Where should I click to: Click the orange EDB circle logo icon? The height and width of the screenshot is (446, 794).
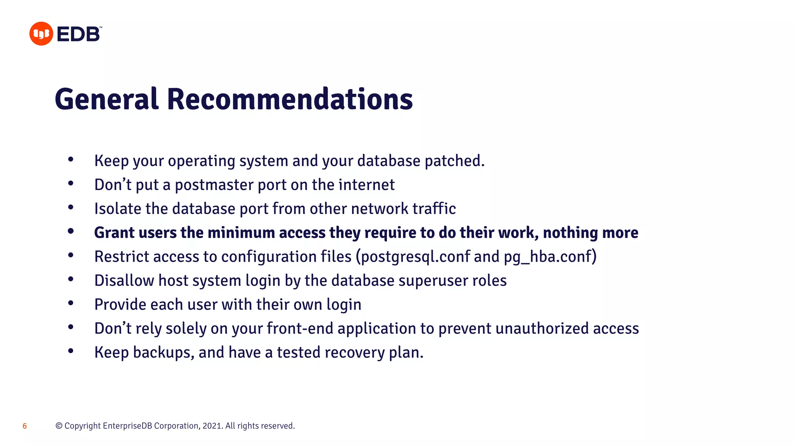[x=41, y=34]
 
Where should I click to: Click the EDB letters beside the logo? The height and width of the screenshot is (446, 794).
[x=79, y=34]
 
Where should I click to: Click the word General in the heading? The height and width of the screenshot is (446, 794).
[x=107, y=99]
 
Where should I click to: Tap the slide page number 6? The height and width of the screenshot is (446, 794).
[x=25, y=426]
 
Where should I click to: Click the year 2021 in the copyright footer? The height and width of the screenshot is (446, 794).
[x=212, y=426]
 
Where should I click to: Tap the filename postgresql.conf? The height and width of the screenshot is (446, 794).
[x=415, y=257]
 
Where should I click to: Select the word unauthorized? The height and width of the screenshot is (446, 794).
[x=542, y=328]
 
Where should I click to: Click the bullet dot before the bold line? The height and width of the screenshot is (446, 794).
[x=71, y=232]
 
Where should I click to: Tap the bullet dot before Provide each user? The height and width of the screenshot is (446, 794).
[x=71, y=303]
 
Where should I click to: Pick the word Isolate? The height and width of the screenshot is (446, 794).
[x=118, y=209]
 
